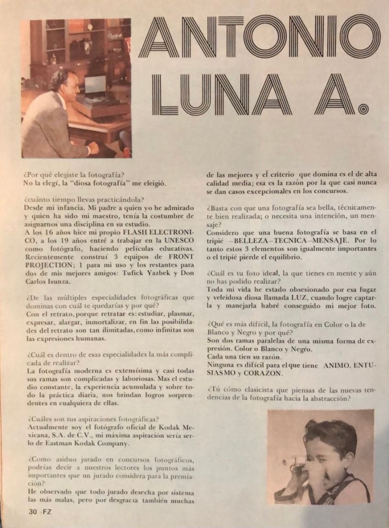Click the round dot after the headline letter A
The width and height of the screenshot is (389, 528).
[x=362, y=109]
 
